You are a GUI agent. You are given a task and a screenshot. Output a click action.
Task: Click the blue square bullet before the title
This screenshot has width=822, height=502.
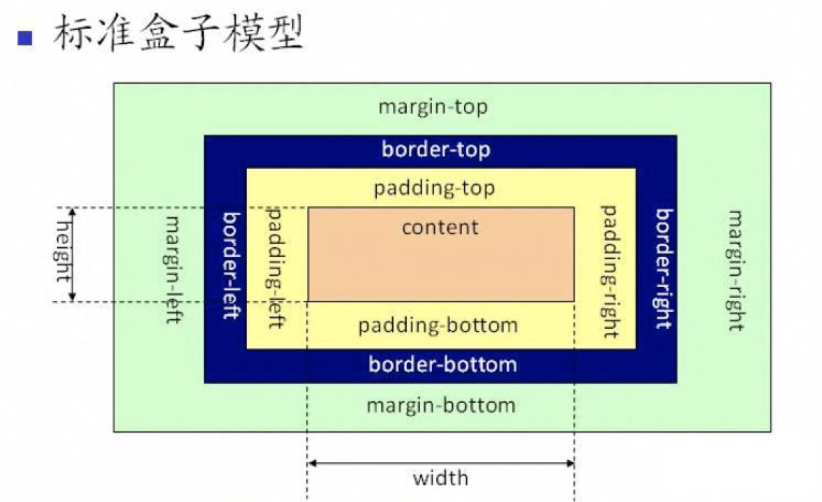point(25,37)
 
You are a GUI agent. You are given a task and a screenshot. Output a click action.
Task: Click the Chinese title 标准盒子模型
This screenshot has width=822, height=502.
point(179,34)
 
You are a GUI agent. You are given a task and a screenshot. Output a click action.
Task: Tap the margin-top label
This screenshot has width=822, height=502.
point(433,108)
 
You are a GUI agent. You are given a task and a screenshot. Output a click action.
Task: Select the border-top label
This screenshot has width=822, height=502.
point(435,149)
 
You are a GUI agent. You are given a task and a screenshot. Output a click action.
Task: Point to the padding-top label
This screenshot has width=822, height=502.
point(434,189)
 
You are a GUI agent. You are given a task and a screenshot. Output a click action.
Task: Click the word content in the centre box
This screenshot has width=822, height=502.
point(440,227)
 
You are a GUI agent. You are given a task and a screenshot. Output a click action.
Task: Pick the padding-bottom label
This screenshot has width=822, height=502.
point(438,325)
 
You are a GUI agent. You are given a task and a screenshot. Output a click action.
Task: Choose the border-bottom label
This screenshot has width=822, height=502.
point(442,364)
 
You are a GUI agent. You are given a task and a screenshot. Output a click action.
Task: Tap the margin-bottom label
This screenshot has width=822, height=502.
point(441,406)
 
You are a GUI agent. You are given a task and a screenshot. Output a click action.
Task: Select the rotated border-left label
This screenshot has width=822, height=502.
point(231,265)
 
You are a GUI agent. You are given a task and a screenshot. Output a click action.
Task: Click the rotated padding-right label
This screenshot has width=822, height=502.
point(610,271)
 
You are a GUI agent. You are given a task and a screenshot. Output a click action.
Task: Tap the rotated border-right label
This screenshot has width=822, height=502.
point(664,269)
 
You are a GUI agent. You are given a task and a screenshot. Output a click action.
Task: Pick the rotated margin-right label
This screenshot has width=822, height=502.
point(735,270)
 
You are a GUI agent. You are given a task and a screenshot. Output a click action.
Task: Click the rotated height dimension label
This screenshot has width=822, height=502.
point(63,256)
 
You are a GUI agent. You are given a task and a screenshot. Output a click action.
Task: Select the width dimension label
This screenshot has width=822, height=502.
point(440,478)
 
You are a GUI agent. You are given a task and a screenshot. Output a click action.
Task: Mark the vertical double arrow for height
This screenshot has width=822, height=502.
point(72,255)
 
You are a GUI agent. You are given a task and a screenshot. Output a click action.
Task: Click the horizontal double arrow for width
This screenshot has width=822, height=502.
point(440,463)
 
